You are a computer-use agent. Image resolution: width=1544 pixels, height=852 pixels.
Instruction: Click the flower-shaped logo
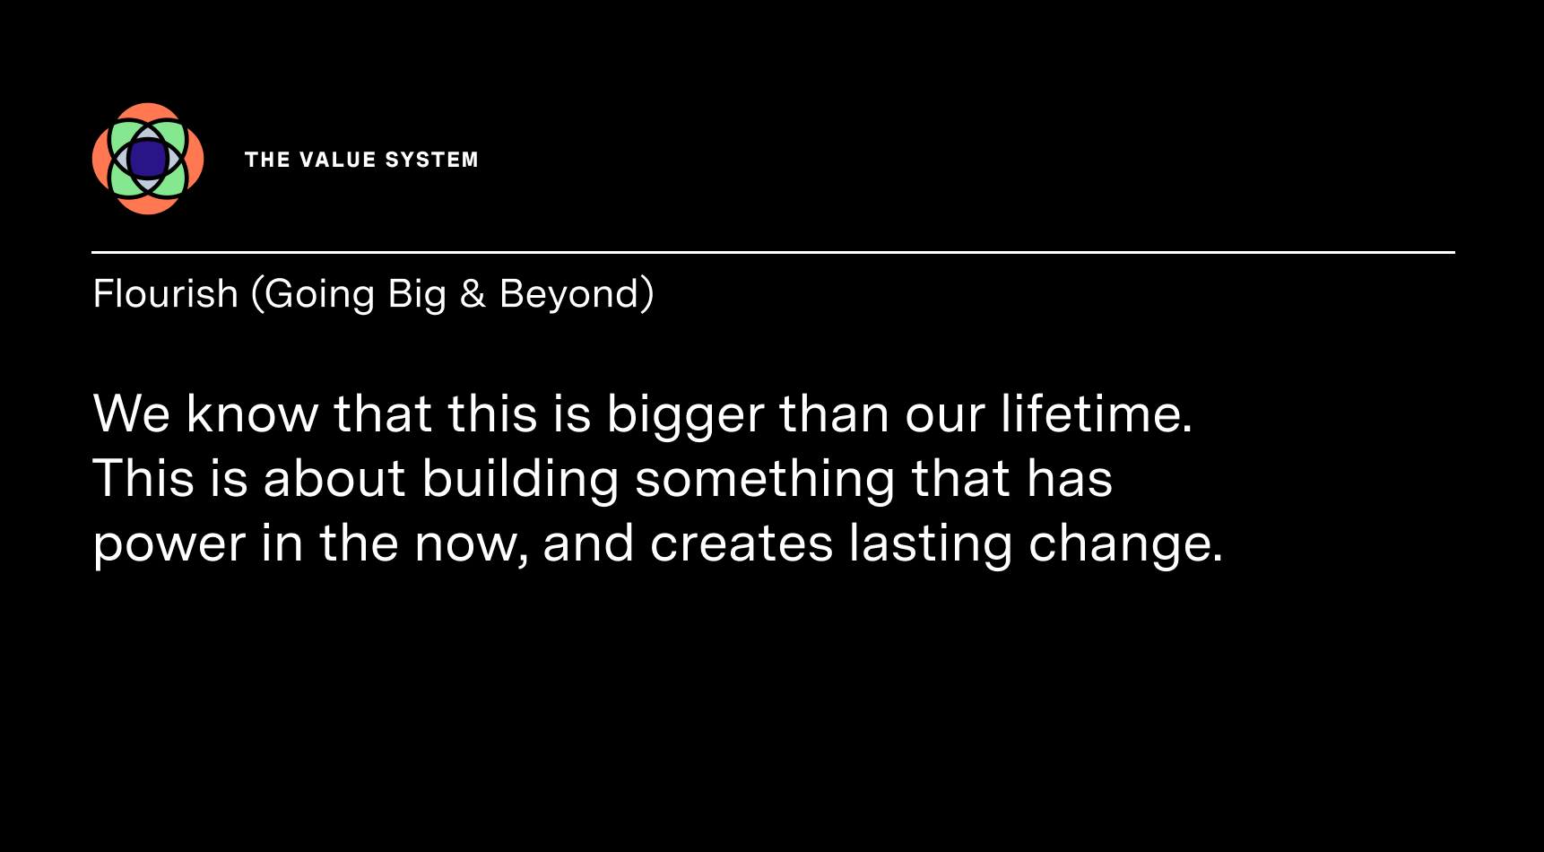point(148,159)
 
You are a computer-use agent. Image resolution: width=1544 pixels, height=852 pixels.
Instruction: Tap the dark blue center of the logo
point(148,159)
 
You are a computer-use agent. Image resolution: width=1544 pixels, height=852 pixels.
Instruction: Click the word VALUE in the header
point(338,160)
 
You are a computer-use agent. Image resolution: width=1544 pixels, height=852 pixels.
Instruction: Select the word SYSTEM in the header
point(432,160)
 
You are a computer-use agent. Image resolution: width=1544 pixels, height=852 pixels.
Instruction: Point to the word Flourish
point(165,294)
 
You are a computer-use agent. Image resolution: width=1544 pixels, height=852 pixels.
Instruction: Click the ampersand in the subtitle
point(473,294)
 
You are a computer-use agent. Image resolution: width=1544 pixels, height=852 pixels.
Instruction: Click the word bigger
point(686,414)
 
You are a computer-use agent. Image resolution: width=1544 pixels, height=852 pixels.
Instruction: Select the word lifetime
point(1097,413)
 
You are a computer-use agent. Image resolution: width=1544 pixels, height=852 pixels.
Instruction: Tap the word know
point(252,413)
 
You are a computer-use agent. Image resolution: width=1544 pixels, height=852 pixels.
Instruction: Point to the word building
point(520,479)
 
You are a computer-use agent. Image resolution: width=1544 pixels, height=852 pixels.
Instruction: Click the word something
point(765,479)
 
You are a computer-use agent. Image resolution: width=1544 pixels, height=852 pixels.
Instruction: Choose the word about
point(334,478)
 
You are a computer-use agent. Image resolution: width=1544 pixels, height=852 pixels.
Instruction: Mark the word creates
point(742,543)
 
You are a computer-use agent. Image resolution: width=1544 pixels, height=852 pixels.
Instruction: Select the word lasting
point(931,543)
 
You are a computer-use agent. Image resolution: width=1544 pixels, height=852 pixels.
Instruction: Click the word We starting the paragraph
point(132,413)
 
